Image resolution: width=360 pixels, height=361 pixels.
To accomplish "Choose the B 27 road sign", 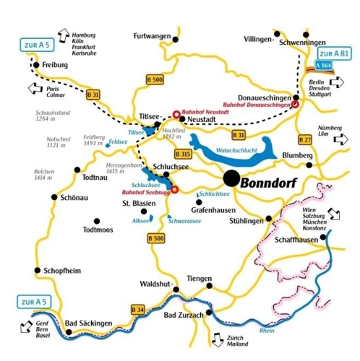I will tap(304, 139).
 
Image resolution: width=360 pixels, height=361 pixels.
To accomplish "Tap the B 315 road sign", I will tap(184, 153).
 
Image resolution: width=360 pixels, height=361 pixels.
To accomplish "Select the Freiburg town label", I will tap(55, 64).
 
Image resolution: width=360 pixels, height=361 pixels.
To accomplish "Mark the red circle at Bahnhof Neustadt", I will tap(175, 113).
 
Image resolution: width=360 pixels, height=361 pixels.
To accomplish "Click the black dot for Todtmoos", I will tap(96, 221).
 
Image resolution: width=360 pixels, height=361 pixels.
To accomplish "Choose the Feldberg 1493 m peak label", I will tap(95, 139).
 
